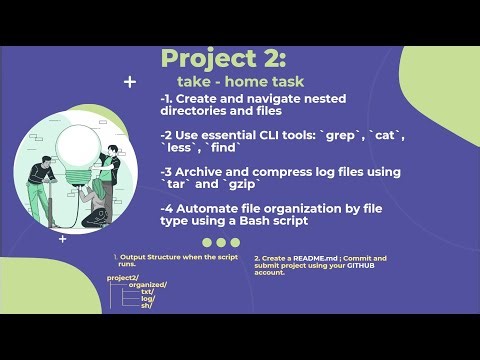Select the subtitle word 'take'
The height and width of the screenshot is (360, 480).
[x=195, y=82]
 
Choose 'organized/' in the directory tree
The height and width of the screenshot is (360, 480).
[x=147, y=285]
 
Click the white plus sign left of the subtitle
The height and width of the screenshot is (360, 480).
[x=130, y=82]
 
